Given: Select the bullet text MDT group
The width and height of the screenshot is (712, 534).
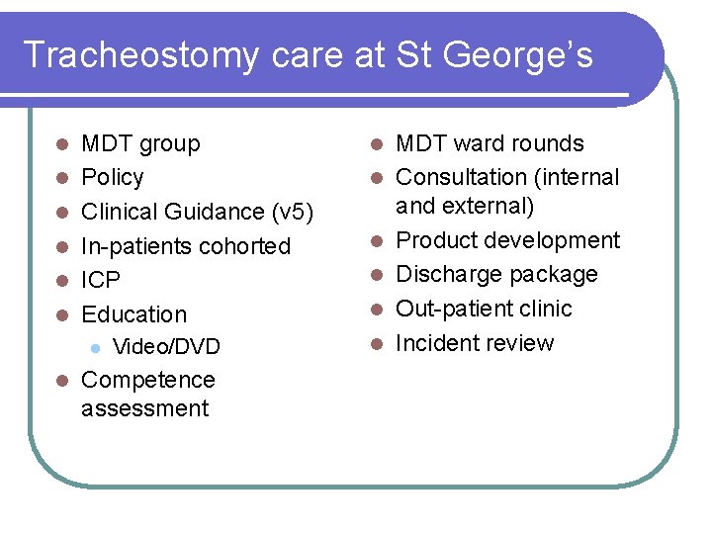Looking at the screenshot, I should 140,143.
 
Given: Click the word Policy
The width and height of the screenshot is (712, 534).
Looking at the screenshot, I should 112,178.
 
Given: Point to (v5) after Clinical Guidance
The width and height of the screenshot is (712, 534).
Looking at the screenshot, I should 292,212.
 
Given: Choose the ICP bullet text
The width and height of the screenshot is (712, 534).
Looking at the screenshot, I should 101,280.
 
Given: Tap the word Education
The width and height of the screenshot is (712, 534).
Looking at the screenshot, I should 133,314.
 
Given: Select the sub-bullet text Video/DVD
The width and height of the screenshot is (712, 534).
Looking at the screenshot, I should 166,347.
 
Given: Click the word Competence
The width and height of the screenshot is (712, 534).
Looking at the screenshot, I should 147,380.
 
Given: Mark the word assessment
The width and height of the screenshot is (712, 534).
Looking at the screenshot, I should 144,408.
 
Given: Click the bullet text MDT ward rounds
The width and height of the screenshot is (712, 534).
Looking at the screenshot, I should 489,143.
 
